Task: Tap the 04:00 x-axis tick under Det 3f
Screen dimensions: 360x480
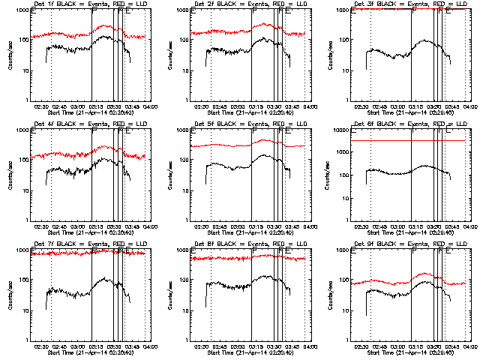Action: point(469,106)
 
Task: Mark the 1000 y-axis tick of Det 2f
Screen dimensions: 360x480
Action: point(183,10)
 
